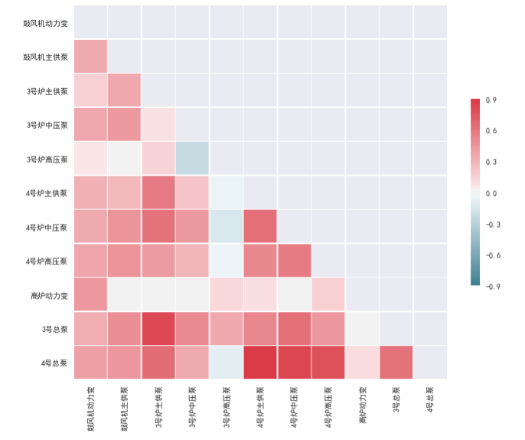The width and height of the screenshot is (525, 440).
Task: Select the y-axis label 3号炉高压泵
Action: tap(47, 159)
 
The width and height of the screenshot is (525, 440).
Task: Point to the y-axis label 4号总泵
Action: tap(54, 363)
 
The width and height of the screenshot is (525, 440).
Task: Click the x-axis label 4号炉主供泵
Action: tap(261, 406)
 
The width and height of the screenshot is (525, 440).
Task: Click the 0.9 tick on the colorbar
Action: tap(491, 100)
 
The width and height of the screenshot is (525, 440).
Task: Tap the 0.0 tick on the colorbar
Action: tap(491, 193)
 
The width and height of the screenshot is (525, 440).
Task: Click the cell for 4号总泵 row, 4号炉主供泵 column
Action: tap(261, 363)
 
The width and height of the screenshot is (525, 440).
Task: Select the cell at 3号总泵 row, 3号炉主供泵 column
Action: tap(158, 329)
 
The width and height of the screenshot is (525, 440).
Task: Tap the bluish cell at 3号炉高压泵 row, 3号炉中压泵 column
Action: tap(192, 159)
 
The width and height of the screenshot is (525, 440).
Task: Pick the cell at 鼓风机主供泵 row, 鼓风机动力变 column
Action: tap(90, 57)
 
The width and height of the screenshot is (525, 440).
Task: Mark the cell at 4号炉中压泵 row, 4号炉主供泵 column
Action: tap(261, 227)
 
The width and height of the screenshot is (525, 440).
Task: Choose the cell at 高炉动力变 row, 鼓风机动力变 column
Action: tap(90, 295)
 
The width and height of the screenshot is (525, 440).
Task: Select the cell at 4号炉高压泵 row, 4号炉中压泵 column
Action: tap(295, 261)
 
